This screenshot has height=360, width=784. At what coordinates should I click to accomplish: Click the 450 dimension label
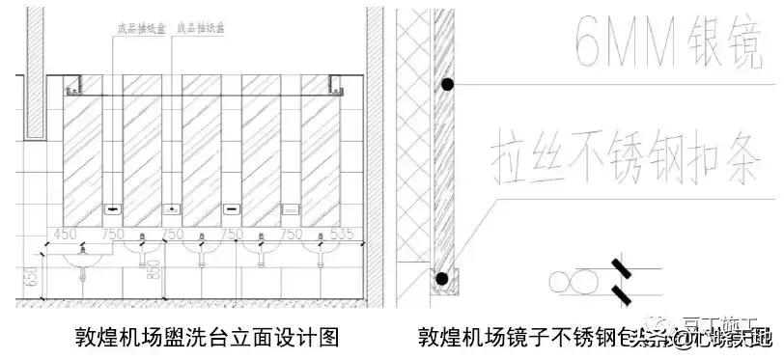(65, 234)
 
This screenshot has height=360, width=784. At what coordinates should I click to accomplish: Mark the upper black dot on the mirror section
(447, 85)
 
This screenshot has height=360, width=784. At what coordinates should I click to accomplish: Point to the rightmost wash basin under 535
(320, 253)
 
